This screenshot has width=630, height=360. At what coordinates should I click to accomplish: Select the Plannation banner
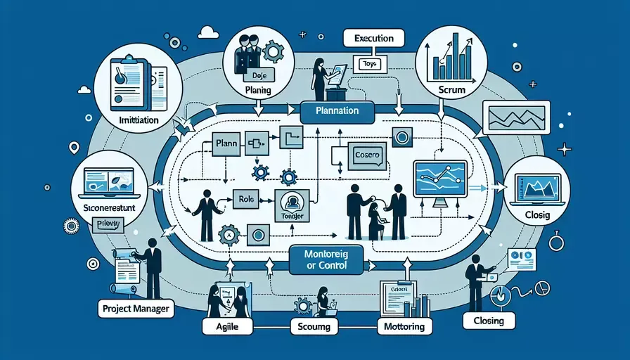(338, 111)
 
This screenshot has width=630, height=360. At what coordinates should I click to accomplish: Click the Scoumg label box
(314, 326)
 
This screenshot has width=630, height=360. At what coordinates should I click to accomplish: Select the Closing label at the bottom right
(484, 321)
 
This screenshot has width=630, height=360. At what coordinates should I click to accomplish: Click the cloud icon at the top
(208, 32)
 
